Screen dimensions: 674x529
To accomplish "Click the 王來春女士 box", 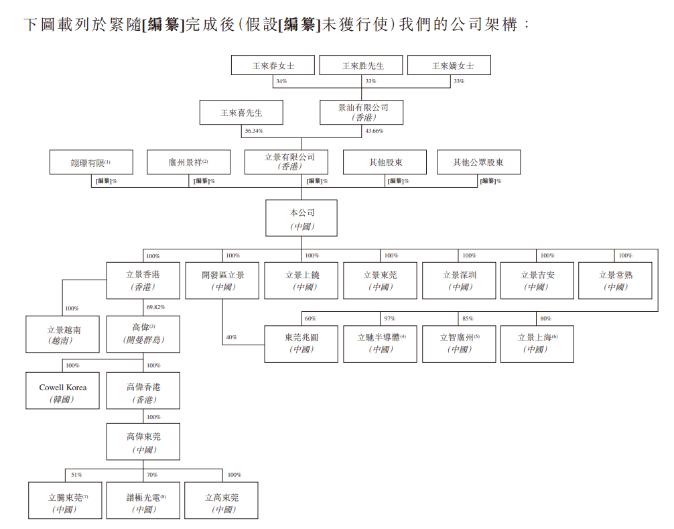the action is click(x=273, y=66).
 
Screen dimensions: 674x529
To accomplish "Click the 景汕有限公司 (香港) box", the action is click(x=362, y=112).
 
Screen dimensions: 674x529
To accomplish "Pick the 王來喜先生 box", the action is click(x=241, y=112).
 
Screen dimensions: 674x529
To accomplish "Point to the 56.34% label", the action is click(x=254, y=131).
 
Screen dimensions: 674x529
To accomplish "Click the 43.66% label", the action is click(x=375, y=131).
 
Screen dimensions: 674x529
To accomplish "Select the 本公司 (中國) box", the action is click(x=301, y=218).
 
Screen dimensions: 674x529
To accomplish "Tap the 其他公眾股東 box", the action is click(x=479, y=162).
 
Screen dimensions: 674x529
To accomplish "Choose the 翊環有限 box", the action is click(x=91, y=162).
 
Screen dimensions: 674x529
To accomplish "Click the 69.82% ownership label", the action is click(x=155, y=307).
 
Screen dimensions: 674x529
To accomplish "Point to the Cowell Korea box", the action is click(x=63, y=390).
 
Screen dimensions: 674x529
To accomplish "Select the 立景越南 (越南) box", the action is click(x=63, y=334).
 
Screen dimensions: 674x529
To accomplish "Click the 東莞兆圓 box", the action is click(x=301, y=344).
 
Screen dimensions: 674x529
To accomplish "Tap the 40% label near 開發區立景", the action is click(x=231, y=337).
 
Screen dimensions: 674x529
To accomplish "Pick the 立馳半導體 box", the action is click(x=381, y=344).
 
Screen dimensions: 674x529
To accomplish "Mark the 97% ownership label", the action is click(x=390, y=318).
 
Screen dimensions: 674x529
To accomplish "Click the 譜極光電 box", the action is click(x=143, y=500).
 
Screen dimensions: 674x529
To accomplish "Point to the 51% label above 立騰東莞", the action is click(x=76, y=475).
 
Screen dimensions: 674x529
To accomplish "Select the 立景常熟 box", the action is click(x=616, y=280).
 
